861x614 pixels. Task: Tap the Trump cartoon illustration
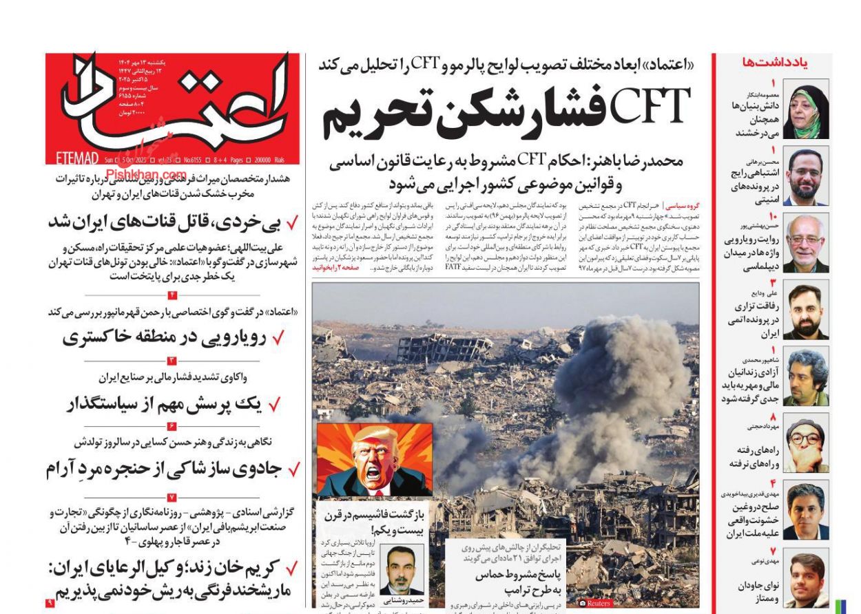pos(374,460)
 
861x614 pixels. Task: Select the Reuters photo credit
pos(595,603)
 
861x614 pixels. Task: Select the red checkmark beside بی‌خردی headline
pos(291,223)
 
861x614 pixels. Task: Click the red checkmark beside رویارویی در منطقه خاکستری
pos(278,338)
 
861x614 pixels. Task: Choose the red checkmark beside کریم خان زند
pos(291,569)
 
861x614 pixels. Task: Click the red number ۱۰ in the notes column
pos(773,217)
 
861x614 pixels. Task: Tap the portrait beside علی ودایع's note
pos(806,312)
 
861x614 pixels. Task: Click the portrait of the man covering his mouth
pos(806,443)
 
